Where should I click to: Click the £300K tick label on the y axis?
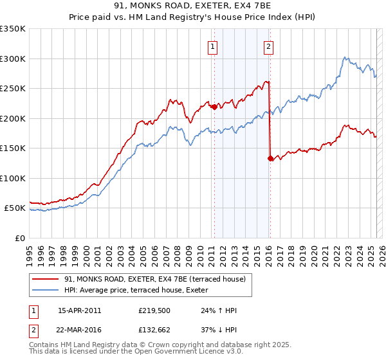[13, 59]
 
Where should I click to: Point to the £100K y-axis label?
[13, 178]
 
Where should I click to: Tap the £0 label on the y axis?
[19, 238]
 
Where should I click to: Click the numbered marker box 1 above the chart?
[212, 46]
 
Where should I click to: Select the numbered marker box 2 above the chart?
[268, 46]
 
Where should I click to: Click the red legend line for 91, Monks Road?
[44, 280]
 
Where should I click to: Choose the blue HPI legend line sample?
[44, 291]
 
